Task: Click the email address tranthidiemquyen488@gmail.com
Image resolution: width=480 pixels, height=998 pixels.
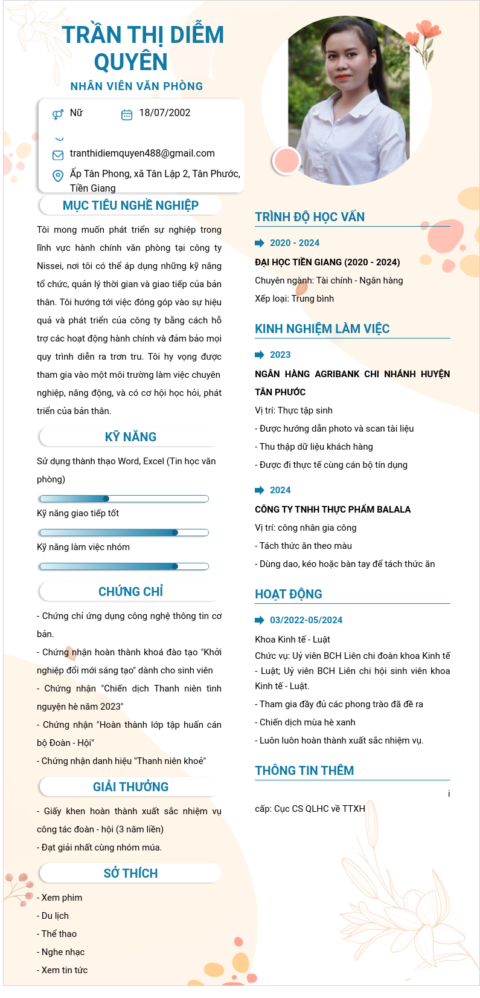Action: [142, 154]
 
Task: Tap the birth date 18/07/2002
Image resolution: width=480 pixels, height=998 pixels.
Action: [164, 113]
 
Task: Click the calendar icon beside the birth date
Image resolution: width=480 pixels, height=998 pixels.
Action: [127, 114]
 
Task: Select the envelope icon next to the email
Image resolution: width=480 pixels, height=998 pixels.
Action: [58, 155]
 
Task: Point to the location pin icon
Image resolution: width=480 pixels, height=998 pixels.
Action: [58, 176]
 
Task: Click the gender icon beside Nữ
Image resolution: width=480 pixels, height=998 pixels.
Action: [58, 114]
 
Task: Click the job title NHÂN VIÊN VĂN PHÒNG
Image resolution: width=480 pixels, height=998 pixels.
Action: [136, 86]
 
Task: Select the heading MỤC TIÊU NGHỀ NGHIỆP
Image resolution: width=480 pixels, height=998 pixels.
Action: [130, 206]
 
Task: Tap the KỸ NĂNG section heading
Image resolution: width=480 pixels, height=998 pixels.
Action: [130, 437]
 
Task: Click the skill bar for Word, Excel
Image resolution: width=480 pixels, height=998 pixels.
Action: [124, 499]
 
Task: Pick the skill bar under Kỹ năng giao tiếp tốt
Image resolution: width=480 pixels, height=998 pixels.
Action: [124, 533]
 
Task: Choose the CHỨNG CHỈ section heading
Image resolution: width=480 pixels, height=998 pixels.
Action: [130, 592]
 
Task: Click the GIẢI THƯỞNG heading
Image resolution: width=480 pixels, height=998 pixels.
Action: [130, 787]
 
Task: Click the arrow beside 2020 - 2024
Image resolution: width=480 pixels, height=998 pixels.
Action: [260, 243]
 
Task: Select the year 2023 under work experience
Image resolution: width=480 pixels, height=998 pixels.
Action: [280, 355]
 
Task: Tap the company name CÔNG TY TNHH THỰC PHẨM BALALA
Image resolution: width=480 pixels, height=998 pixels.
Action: [333, 510]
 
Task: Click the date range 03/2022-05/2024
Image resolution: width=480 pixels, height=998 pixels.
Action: [306, 620]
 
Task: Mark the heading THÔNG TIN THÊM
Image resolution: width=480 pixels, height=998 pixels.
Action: [304, 771]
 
